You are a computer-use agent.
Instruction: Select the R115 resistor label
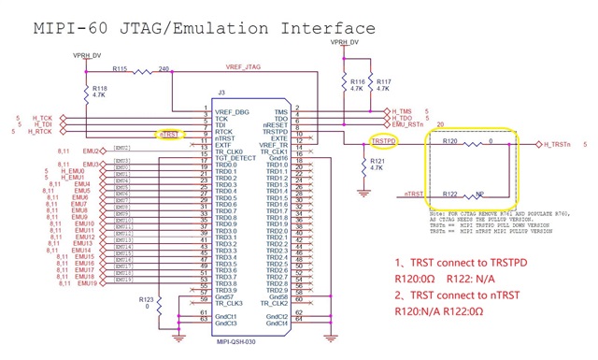point(120,69)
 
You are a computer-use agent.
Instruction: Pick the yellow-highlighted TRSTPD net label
point(384,141)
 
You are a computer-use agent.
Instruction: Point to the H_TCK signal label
point(39,117)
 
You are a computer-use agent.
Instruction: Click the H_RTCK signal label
point(39,132)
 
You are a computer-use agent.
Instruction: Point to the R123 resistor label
point(144,298)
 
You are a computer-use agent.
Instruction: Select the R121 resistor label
point(377,160)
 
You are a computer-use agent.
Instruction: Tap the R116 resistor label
point(356,81)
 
